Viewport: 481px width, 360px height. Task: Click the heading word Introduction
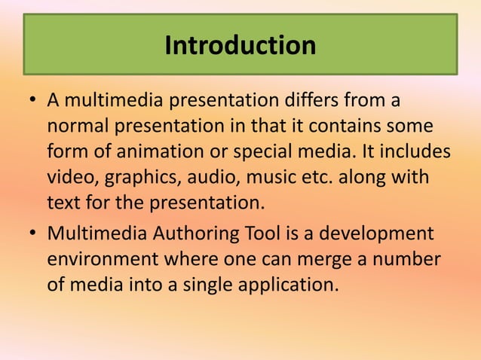[240, 46]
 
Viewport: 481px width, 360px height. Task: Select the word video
[67, 177]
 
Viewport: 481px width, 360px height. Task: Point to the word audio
[208, 177]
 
